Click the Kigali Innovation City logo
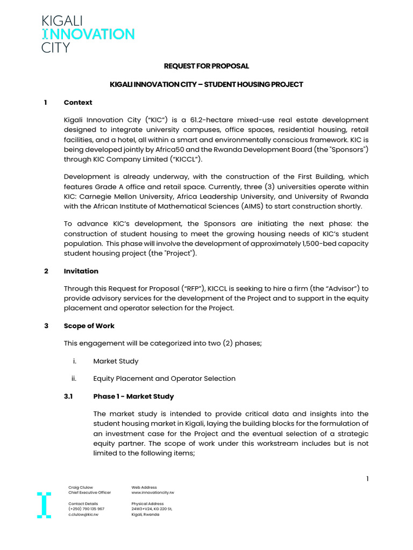[x=88, y=34]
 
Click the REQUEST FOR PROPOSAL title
[x=206, y=66]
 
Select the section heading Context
[x=78, y=103]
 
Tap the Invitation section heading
[x=81, y=271]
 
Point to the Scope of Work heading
[x=89, y=326]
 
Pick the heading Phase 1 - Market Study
[x=133, y=396]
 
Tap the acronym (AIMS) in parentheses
[x=244, y=206]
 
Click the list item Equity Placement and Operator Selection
[x=164, y=379]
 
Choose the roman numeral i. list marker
[x=75, y=361]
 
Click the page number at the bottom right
[x=367, y=479]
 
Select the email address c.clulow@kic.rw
[x=83, y=514]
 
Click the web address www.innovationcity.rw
[x=153, y=493]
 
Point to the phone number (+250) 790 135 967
[x=86, y=509]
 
